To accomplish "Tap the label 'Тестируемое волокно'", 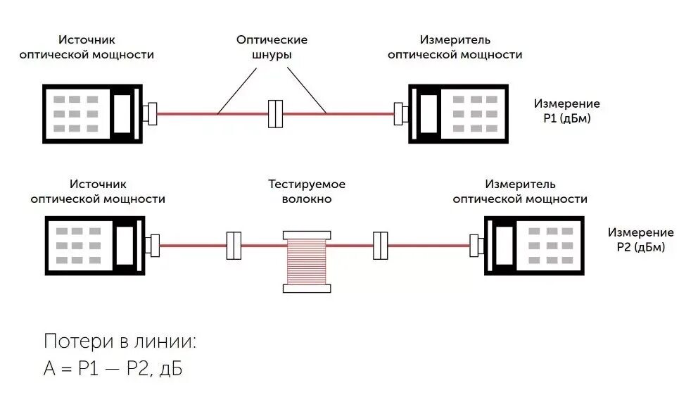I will tap(307, 191).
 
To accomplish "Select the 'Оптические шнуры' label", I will tap(272, 47).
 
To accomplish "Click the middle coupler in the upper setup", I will tap(274, 113).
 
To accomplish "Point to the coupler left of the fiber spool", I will tap(234, 246).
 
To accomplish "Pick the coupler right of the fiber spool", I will tap(381, 246).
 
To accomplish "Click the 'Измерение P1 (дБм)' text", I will tap(567, 111).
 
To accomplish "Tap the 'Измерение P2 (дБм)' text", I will tap(640, 239).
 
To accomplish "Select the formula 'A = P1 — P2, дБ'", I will tap(113, 368).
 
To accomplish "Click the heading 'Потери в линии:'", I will tap(120, 341).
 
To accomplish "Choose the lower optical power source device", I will tap(96, 245).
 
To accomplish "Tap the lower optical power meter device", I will tap(533, 245).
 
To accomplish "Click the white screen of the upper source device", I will tap(127, 113).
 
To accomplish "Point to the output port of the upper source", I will tap(150, 113).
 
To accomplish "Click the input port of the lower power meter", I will tap(478, 246).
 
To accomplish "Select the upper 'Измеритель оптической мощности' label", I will tap(455, 47).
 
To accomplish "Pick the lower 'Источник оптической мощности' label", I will tap(97, 191).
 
